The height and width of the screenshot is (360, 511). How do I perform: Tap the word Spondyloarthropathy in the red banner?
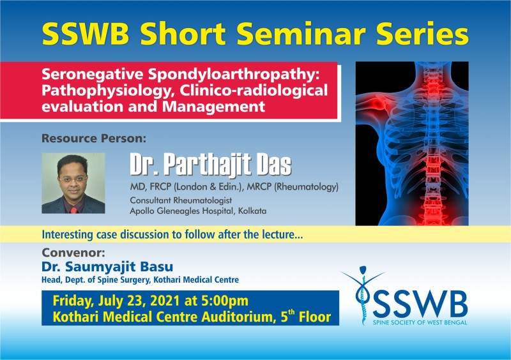pyautogui.click(x=233, y=75)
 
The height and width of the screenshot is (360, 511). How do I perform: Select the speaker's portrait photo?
pyautogui.click(x=73, y=183)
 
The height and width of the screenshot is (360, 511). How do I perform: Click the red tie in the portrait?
pyautogui.click(x=73, y=209)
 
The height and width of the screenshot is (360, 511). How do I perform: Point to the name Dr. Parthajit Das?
pyautogui.click(x=211, y=165)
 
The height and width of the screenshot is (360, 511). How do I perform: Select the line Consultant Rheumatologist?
pyautogui.click(x=181, y=200)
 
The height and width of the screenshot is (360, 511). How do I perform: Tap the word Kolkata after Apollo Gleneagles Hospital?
pyautogui.click(x=252, y=211)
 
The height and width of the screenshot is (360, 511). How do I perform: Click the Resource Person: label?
pyautogui.click(x=94, y=139)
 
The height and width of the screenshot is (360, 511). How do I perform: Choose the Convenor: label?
pyautogui.click(x=73, y=253)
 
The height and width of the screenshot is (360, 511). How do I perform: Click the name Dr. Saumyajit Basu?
pyautogui.click(x=107, y=267)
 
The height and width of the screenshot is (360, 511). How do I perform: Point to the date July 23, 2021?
pyautogui.click(x=139, y=301)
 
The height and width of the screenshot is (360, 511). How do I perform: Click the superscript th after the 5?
pyautogui.click(x=291, y=312)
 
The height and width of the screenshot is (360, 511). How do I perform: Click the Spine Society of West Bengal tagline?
pyautogui.click(x=420, y=322)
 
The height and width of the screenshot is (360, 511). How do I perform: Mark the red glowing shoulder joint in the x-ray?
pyautogui.click(x=378, y=105)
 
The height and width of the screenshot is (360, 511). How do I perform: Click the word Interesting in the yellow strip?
pyautogui.click(x=68, y=234)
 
